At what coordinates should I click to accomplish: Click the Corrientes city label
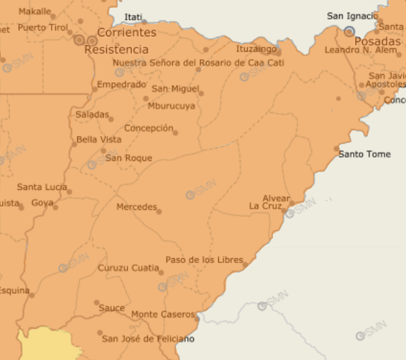tap(126, 33)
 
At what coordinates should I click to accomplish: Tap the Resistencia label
tap(116, 50)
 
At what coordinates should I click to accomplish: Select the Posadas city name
tap(377, 41)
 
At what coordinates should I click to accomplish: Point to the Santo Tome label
tap(364, 153)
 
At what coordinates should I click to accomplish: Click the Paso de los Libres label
tap(204, 260)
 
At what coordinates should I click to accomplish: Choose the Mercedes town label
tap(136, 207)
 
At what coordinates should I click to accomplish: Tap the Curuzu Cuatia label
tap(128, 267)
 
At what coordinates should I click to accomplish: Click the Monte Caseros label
tap(163, 314)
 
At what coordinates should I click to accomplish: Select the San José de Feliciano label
tap(148, 339)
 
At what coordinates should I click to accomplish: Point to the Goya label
tap(42, 203)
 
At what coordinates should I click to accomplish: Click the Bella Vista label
tap(98, 140)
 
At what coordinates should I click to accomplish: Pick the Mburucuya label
tap(172, 106)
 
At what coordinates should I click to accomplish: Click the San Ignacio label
tap(352, 16)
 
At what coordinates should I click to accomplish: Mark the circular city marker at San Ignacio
tap(349, 31)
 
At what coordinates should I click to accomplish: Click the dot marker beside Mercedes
tap(159, 211)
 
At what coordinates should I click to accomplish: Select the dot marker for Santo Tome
tap(336, 149)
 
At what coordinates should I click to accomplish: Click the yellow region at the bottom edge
tap(49, 345)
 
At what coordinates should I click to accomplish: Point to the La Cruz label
tap(265, 207)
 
